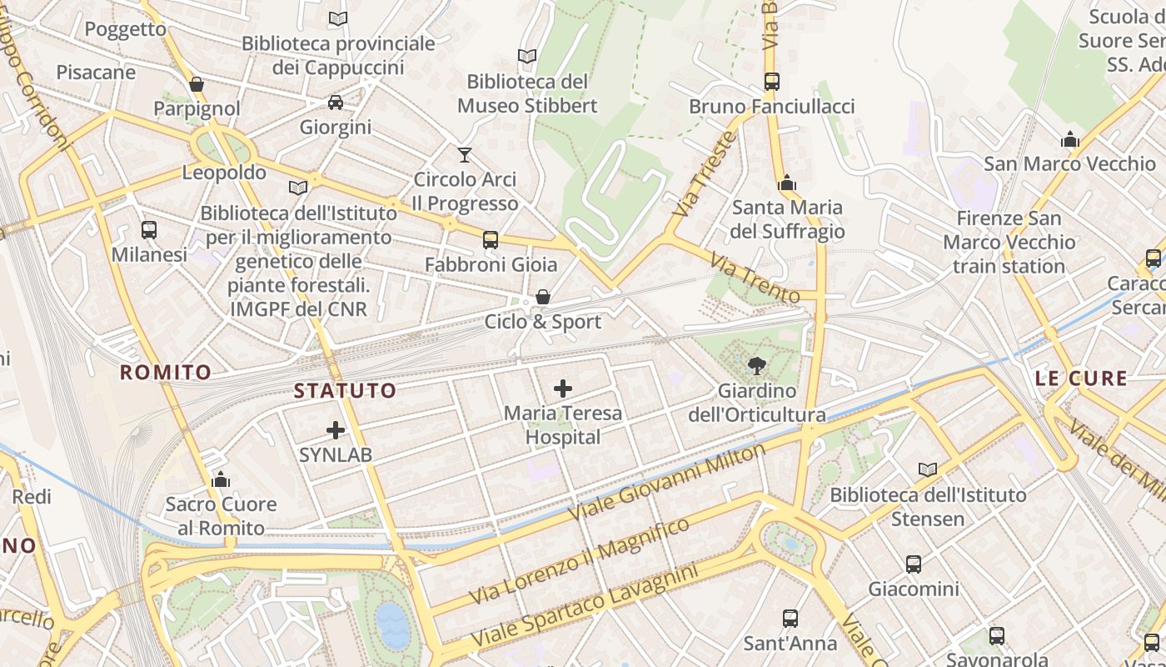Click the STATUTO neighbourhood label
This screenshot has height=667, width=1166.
(x=345, y=390)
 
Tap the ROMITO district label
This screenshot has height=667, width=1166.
(x=165, y=372)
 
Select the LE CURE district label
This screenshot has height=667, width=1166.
(x=1081, y=379)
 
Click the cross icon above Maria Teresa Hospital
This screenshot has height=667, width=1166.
(x=563, y=389)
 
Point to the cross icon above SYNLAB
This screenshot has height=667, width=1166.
(x=336, y=430)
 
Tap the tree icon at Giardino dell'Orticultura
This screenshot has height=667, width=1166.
(x=756, y=365)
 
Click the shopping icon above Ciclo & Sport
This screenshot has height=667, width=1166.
(x=542, y=297)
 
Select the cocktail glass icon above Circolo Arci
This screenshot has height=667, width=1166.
(x=465, y=154)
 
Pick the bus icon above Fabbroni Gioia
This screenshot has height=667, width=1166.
(x=490, y=240)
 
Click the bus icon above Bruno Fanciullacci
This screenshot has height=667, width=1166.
(x=771, y=82)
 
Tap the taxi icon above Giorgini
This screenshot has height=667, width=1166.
(x=336, y=103)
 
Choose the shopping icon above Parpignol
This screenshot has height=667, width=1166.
(x=197, y=84)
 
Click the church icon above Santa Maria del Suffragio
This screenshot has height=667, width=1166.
(x=787, y=183)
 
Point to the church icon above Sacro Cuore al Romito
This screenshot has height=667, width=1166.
(x=221, y=479)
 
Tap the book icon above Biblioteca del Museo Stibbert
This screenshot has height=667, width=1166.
(x=526, y=57)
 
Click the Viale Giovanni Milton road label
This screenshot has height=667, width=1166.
(x=667, y=482)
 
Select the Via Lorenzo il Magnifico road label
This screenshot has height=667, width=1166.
(x=580, y=560)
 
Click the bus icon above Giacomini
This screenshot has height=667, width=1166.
(x=914, y=564)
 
